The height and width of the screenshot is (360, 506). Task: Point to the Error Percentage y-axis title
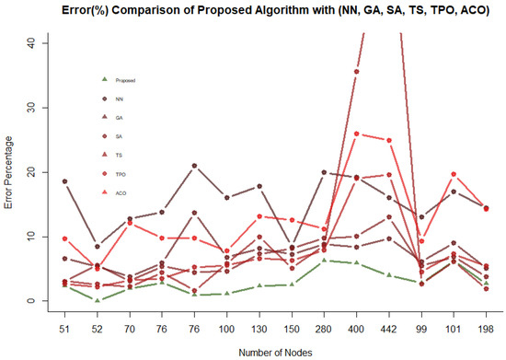tap(10, 171)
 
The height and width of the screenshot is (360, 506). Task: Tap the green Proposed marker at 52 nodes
tap(98, 300)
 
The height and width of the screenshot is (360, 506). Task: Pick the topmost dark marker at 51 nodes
tap(64, 181)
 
